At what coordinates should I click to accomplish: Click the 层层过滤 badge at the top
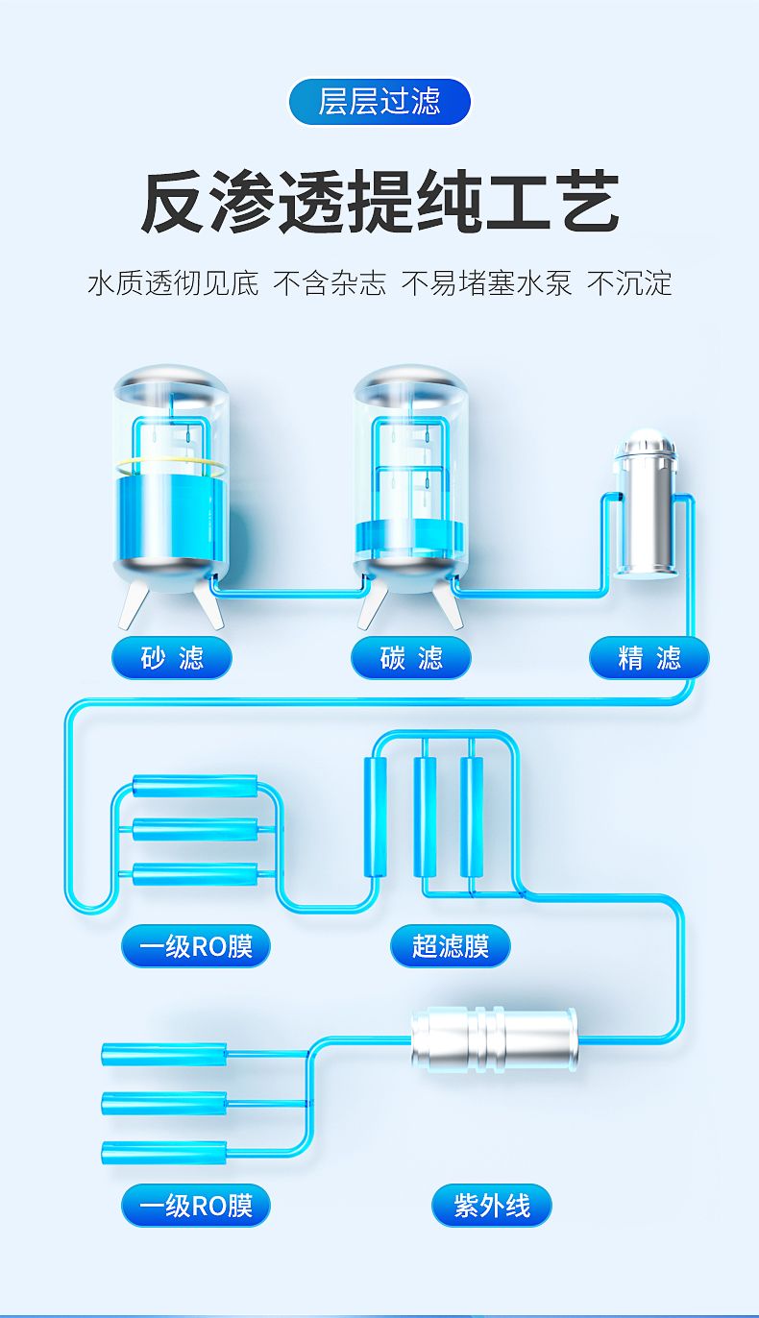click(x=379, y=101)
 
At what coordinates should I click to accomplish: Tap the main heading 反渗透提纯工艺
click(x=379, y=202)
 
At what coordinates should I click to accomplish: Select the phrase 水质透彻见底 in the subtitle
click(x=173, y=283)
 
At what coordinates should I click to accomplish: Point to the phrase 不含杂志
click(x=331, y=283)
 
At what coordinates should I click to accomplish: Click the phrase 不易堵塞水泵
click(x=486, y=283)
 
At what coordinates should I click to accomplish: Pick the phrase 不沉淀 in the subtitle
click(x=629, y=283)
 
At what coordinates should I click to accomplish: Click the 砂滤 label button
click(x=172, y=657)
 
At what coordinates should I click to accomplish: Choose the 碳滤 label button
click(x=410, y=657)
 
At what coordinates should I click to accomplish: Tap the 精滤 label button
click(x=649, y=657)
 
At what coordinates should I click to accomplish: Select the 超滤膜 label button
click(x=450, y=945)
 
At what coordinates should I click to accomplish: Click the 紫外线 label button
click(x=491, y=1205)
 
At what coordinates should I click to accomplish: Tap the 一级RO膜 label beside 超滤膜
click(x=195, y=945)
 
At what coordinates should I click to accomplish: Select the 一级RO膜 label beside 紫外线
click(x=195, y=1205)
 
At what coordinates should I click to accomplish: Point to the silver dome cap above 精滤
click(x=645, y=443)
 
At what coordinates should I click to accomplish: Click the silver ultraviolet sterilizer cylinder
click(x=494, y=1040)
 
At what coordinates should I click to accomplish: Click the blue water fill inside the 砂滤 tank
click(x=171, y=517)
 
